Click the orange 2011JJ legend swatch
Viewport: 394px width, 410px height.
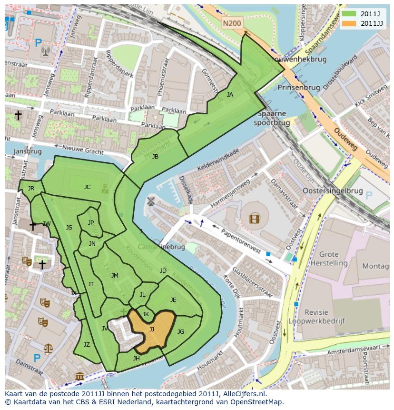[349, 23]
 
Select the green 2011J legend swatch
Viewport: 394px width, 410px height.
[349, 14]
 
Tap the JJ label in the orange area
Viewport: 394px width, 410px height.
[152, 329]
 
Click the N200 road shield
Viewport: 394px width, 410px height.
[232, 22]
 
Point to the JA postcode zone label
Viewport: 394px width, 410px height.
[230, 95]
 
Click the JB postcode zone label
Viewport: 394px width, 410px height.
[155, 157]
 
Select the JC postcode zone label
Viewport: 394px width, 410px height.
[87, 187]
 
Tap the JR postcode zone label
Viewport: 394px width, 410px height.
[31, 189]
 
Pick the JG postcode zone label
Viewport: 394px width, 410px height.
[181, 332]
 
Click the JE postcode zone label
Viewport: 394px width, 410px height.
[173, 300]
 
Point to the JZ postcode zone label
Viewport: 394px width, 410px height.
[87, 345]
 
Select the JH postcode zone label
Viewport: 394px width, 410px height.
[137, 359]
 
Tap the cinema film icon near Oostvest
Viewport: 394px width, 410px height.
[255, 219]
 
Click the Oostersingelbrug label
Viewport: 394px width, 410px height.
[333, 191]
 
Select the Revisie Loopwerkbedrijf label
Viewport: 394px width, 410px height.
[324, 317]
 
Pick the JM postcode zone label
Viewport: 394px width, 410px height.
[115, 276]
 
